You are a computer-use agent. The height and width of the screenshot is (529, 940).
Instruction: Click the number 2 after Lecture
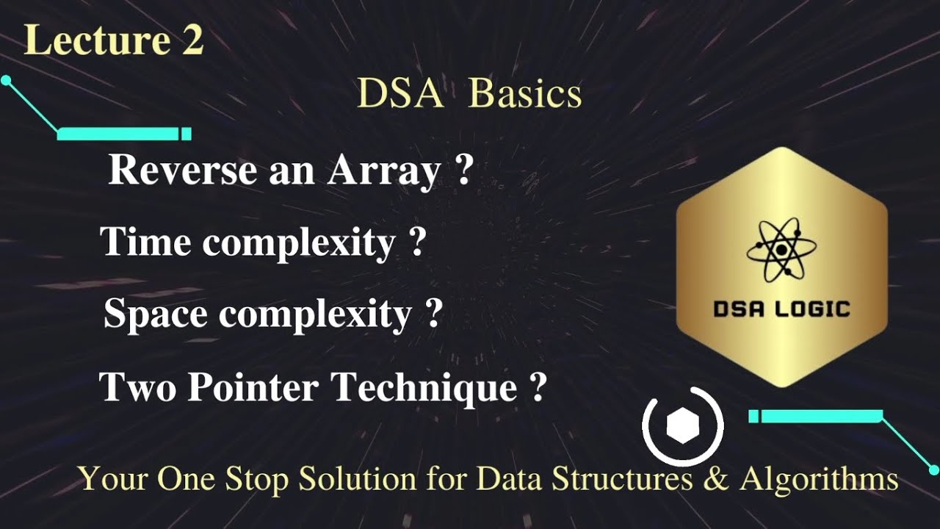tap(189, 41)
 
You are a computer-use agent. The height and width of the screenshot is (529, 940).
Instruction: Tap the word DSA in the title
tap(401, 94)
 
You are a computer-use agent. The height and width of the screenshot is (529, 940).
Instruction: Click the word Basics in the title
tap(525, 94)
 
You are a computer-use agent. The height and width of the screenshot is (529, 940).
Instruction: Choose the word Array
tap(383, 170)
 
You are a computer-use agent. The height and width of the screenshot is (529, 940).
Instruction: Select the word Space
tap(156, 314)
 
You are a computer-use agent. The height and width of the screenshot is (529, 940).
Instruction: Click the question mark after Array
tap(463, 170)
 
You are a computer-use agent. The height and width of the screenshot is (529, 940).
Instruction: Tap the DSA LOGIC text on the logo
tap(781, 309)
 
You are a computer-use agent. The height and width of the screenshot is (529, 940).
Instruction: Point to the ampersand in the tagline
tap(717, 479)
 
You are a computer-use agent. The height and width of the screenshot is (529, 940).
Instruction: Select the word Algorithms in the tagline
tap(818, 480)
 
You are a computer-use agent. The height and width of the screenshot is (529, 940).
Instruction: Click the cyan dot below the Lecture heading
tap(6, 80)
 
